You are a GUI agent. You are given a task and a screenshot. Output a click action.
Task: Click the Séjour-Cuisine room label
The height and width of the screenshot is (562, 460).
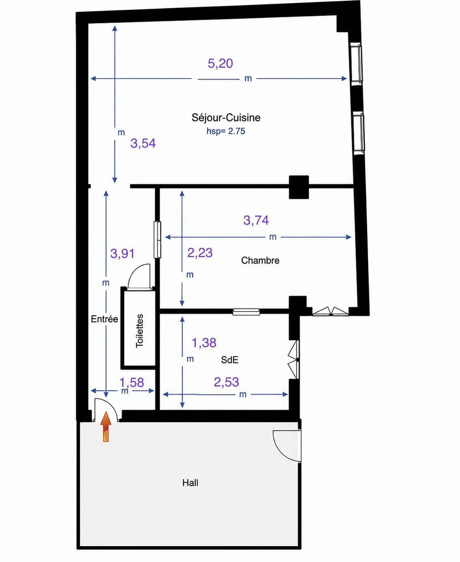[x=226, y=118]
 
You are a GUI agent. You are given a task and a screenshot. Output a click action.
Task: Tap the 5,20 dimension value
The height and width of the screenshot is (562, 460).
[x=220, y=63]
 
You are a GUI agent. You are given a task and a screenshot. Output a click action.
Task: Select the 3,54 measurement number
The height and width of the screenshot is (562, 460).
[x=143, y=144]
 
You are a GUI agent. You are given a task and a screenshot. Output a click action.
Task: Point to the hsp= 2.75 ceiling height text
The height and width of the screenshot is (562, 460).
[x=226, y=131]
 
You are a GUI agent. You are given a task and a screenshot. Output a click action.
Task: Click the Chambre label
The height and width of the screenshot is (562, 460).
[x=260, y=260]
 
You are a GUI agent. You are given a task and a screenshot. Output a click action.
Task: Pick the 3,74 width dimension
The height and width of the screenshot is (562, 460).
[x=256, y=220]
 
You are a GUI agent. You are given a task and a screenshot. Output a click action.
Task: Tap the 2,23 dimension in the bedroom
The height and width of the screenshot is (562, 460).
[x=200, y=253]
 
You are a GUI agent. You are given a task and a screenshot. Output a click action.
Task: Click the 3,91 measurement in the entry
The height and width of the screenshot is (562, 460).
[x=122, y=253]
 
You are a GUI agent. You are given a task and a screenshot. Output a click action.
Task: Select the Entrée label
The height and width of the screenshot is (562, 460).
[x=105, y=319]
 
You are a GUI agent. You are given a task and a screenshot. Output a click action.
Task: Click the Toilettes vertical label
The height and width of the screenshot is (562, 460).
[x=139, y=331]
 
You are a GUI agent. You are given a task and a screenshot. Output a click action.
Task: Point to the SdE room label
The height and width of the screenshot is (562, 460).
[x=230, y=360]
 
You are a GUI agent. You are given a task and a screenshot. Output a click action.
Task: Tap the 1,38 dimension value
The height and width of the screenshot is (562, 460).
[x=204, y=343]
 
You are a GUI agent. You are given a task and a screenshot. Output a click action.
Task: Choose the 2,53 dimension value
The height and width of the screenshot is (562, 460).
[x=227, y=382]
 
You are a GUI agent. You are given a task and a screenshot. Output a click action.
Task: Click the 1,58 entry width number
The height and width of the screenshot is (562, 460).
[x=132, y=383]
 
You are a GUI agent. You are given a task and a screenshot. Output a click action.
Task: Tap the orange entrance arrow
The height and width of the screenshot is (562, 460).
[x=106, y=427]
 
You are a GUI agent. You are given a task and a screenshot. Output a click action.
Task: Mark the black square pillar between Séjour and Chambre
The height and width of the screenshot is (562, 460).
[x=299, y=187]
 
